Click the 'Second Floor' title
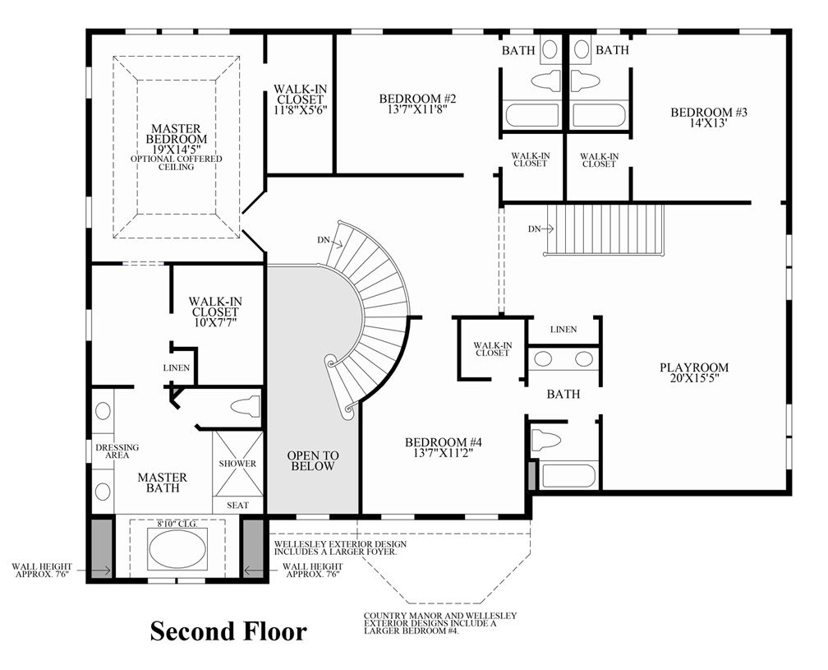[x=228, y=631]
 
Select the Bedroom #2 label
[x=417, y=104]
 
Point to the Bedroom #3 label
[x=709, y=118]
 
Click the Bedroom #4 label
[x=444, y=447]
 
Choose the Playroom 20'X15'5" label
[x=694, y=372]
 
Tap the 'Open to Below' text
[x=313, y=460]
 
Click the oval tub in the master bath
[x=177, y=549]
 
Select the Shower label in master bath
[x=237, y=464]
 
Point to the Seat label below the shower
[x=237, y=505]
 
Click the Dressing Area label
[x=117, y=451]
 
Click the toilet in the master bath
[x=246, y=407]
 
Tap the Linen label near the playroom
[x=563, y=329]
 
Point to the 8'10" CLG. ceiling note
[x=177, y=524]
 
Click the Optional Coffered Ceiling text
[x=177, y=163]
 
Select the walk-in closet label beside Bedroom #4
[x=492, y=349]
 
